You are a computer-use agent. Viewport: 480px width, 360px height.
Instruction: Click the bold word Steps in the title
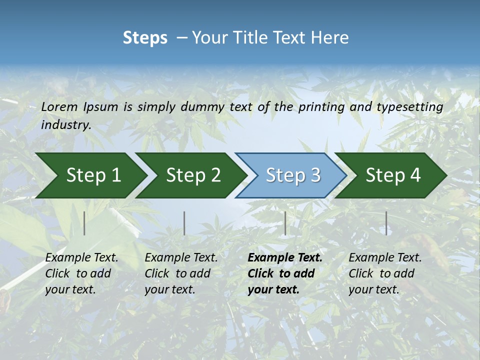coord(145,38)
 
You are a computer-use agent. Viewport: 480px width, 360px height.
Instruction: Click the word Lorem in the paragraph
coord(59,107)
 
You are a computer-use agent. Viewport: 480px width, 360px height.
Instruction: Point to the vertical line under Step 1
coord(84,223)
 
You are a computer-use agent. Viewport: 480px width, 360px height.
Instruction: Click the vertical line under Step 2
coord(184,223)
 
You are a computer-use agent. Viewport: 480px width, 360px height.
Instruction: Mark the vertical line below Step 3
coord(285,223)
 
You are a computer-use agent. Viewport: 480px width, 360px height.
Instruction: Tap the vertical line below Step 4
coord(386,223)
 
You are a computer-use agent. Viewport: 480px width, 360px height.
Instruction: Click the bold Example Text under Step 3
coord(285,258)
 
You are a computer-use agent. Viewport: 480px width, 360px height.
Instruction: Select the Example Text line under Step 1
coord(81,258)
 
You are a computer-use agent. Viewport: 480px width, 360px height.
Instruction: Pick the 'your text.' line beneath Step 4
coord(373,289)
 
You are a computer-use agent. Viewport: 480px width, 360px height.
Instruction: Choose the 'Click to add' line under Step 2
coord(177,273)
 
